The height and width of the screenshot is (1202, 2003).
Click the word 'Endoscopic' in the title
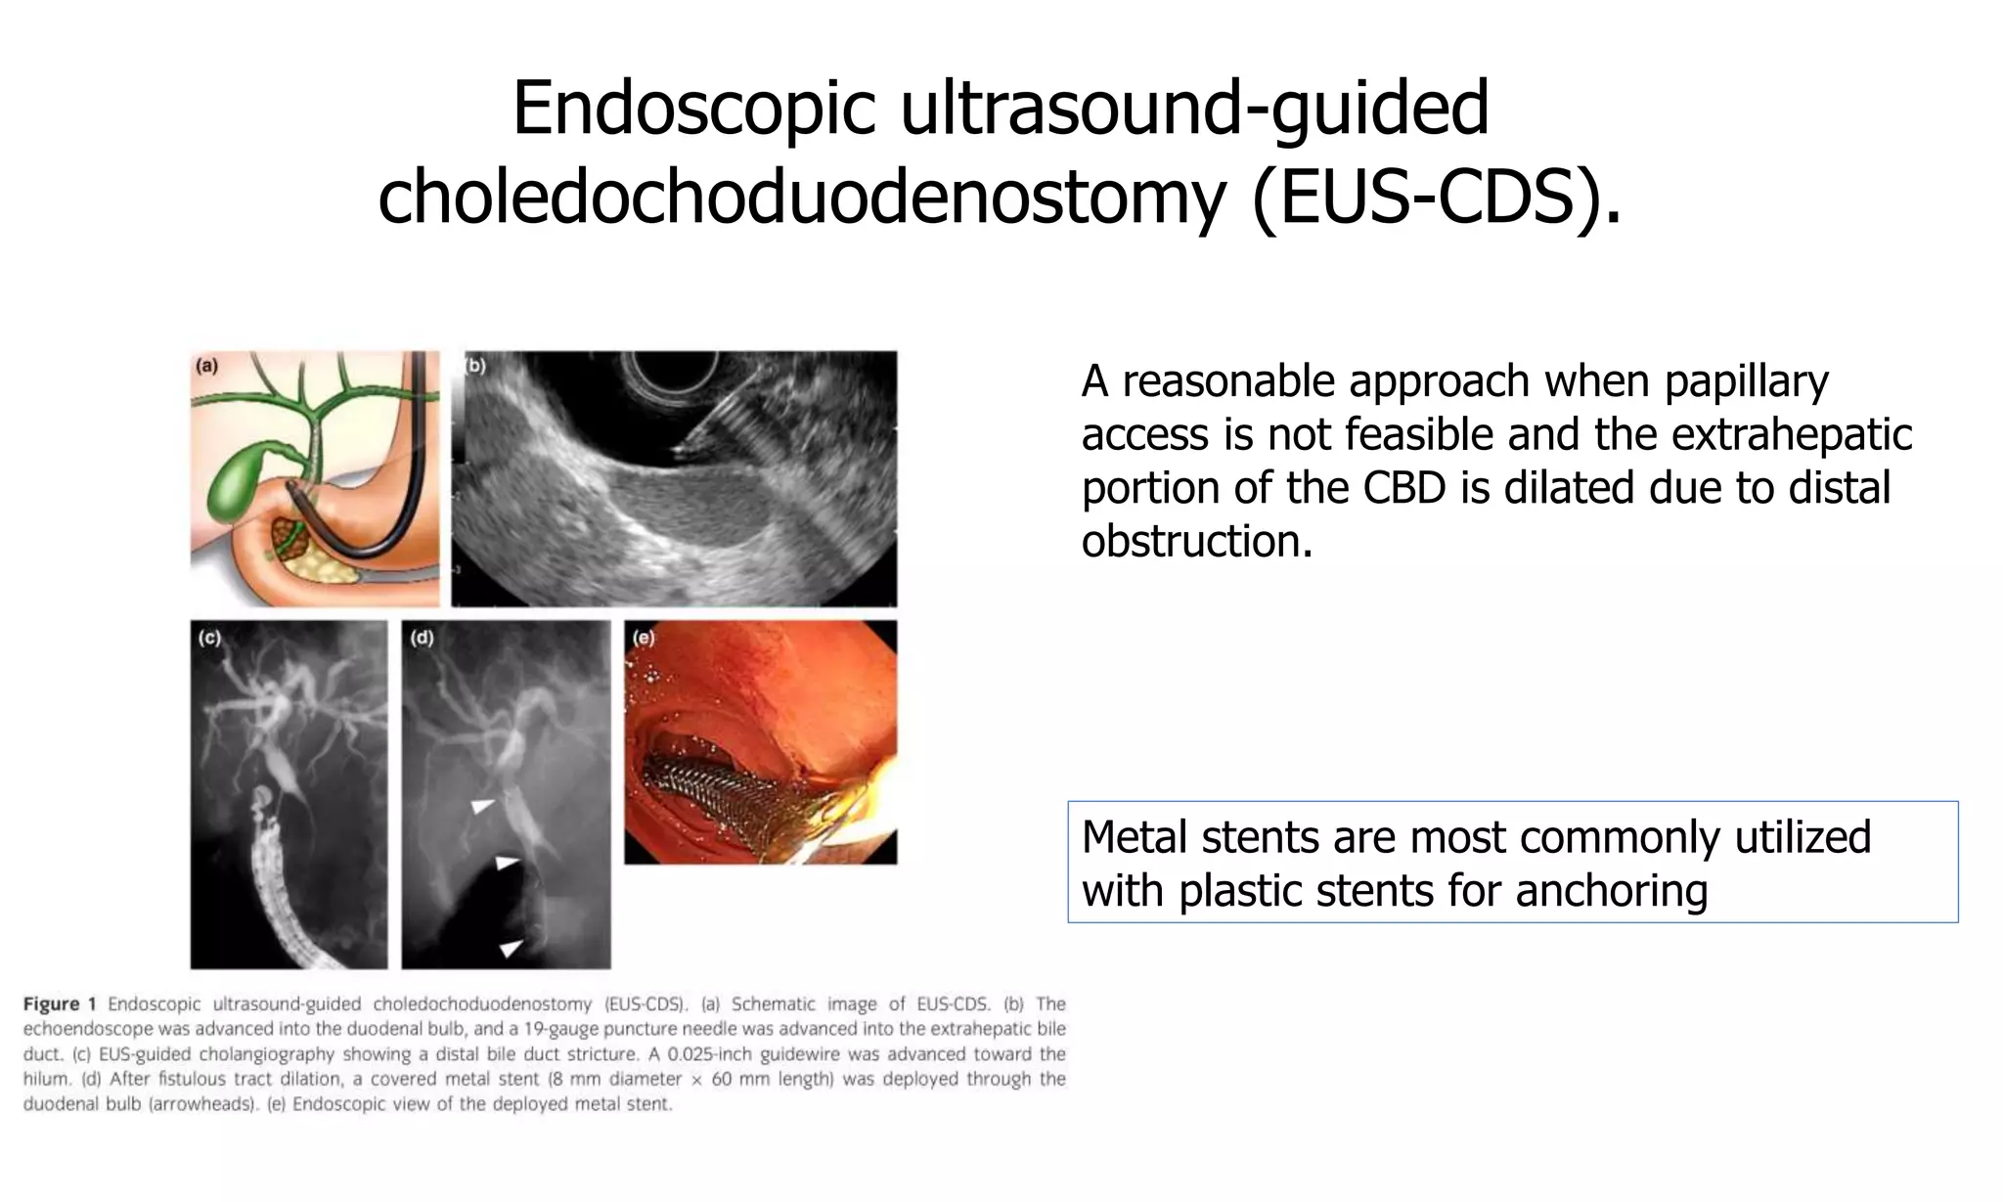[693, 108]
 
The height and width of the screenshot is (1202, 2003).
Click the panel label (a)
[206, 367]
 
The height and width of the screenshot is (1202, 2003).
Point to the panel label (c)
[209, 638]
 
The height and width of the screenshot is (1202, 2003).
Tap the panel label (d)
[422, 638]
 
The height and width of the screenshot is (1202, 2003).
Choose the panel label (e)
[644, 638]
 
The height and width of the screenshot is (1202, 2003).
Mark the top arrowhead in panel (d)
[481, 806]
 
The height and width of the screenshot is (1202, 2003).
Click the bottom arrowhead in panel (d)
[510, 947]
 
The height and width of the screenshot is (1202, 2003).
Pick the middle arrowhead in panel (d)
[506, 863]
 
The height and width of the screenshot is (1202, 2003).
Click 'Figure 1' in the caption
[60, 1003]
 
